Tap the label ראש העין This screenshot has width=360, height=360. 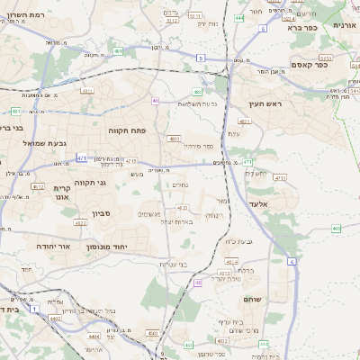point(267,104)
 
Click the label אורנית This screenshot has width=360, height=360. point(346,26)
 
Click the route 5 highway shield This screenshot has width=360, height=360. point(201,58)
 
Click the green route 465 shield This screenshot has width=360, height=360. point(336,229)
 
